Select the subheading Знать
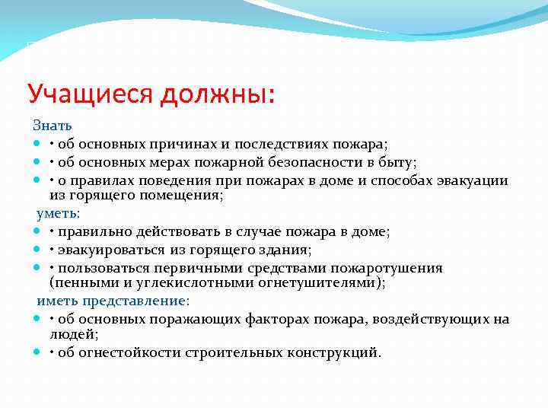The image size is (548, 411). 52,125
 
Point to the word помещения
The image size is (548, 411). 183,196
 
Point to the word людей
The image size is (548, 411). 72,334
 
